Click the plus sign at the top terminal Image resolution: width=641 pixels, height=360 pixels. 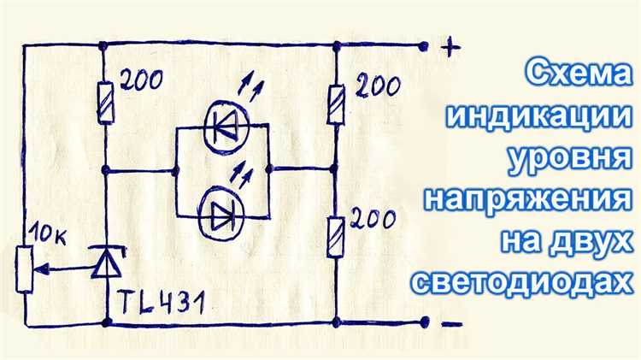(450, 47)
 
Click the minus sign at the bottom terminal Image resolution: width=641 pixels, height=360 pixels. (452, 325)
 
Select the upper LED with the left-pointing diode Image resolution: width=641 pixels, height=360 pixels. (226, 127)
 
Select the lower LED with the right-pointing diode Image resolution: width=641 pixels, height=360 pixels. (221, 216)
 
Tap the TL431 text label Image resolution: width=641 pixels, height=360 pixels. (162, 304)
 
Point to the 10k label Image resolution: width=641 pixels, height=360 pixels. (48, 236)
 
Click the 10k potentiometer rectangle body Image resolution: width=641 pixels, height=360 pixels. (25, 269)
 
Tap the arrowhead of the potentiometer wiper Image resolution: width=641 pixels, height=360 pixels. (42, 269)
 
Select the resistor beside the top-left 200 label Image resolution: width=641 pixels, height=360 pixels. (105, 103)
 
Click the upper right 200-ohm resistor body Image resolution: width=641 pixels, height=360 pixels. (336, 104)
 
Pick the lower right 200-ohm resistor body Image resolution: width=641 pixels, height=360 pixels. (335, 238)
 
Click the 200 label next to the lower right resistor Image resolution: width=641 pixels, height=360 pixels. (373, 220)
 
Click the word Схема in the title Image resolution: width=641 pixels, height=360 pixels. (577, 73)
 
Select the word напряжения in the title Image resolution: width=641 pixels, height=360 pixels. (527, 200)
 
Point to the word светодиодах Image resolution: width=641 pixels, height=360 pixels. (521, 282)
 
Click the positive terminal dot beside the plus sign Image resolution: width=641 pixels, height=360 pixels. (424, 46)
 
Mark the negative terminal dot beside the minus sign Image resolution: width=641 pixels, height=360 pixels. (425, 322)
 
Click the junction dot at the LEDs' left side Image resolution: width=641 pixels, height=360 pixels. (176, 171)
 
